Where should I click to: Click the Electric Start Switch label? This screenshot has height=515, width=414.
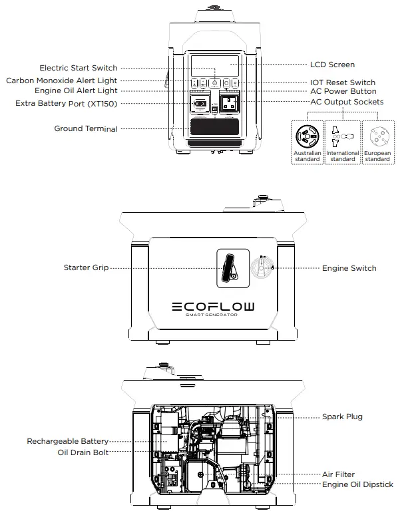click(78, 68)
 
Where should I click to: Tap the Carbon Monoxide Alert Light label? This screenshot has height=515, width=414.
click(61, 81)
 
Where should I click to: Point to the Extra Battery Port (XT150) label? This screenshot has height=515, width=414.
click(66, 103)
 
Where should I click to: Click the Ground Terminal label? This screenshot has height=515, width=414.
click(85, 128)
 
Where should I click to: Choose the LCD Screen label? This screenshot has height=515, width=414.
click(332, 65)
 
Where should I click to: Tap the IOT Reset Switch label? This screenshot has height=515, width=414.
click(343, 83)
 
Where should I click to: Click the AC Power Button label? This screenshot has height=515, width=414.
click(343, 91)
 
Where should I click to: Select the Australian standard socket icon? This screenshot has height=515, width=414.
click(307, 136)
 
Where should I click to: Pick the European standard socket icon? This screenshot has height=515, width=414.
click(377, 136)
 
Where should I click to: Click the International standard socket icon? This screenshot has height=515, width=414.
click(342, 136)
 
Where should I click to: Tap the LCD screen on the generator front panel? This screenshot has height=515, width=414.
click(214, 66)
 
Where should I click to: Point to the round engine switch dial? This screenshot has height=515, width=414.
click(260, 268)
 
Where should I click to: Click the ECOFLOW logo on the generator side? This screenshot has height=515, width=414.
click(212, 307)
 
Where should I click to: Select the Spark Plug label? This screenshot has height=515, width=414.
click(342, 417)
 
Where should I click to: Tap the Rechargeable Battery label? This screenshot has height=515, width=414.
click(67, 441)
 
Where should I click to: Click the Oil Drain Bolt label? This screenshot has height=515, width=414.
click(83, 452)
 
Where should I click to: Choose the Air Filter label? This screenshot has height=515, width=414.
click(338, 474)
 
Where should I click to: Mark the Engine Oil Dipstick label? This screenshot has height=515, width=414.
click(357, 484)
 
